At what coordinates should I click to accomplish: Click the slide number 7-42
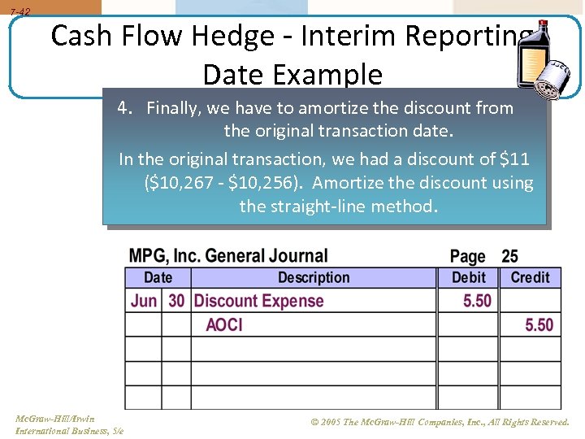click(19, 12)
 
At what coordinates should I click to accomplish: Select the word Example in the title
click(333, 75)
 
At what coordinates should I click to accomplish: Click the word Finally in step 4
click(174, 108)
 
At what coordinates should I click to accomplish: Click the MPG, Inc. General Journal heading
click(228, 256)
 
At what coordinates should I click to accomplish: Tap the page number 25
click(509, 257)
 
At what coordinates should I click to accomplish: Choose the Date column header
click(158, 278)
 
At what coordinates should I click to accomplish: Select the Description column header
click(313, 278)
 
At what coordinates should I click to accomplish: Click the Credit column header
click(530, 278)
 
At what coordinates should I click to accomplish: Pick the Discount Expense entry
click(258, 301)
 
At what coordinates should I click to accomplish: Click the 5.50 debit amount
click(477, 301)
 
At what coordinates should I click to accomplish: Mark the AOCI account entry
click(224, 324)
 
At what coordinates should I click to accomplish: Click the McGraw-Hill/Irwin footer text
click(54, 419)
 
